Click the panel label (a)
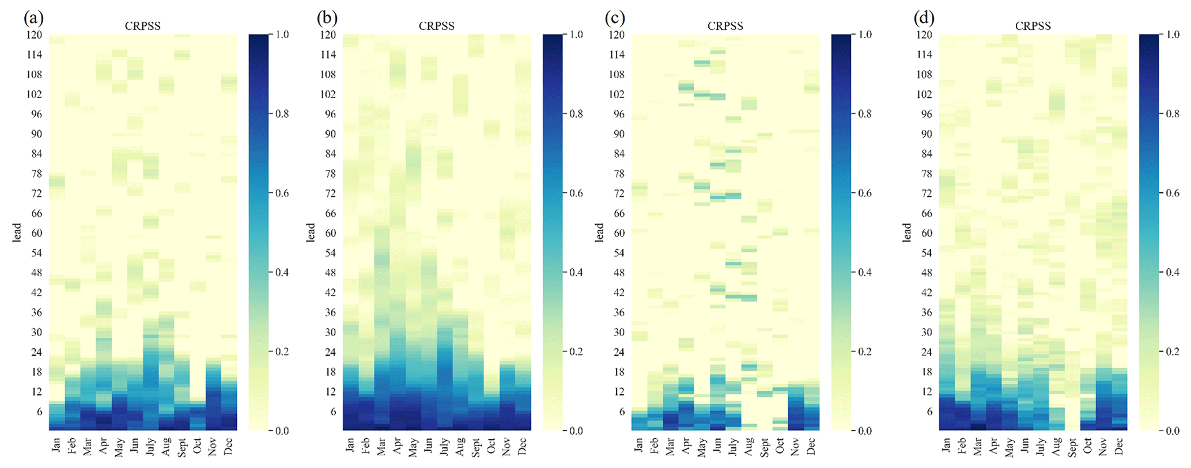pos(33,18)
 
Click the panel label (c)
pos(615,18)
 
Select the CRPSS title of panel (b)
pos(436,26)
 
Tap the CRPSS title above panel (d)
pos(1033,26)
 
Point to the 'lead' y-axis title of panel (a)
pos(17,233)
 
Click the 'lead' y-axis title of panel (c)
pos(599,233)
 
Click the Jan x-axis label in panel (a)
pos(56,445)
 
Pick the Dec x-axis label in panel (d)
pos(1119,446)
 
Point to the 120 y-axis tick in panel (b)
pos(328,35)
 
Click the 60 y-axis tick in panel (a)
pos(36,233)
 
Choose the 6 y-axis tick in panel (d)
pos(927,412)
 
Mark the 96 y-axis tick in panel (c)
pos(618,114)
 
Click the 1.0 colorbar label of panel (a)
pos(282,35)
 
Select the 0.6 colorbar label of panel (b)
pos(576,193)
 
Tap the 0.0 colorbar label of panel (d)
pos(1173,431)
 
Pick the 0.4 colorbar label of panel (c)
pos(865,272)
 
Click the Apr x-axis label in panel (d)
pos(993,446)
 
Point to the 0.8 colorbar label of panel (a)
pos(282,114)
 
